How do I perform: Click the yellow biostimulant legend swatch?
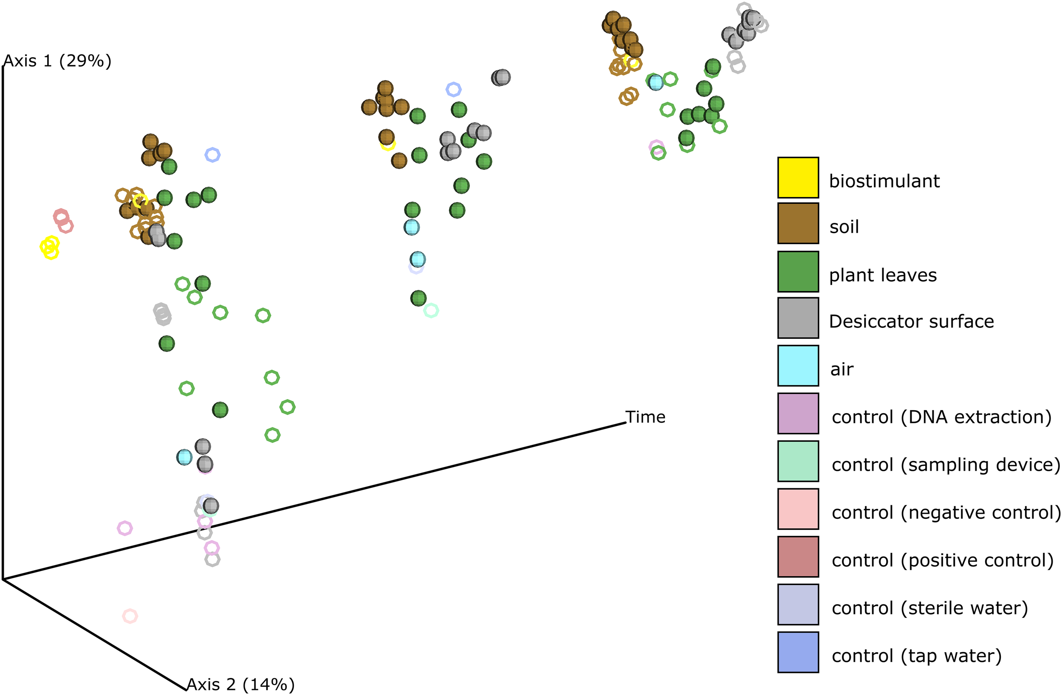[798, 177]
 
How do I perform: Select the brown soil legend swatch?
[798, 223]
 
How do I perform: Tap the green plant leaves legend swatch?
[798, 271]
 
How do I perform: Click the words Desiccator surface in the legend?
[911, 321]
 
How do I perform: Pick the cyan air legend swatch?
[798, 366]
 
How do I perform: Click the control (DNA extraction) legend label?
[941, 417]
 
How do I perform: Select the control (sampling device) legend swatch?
[798, 461]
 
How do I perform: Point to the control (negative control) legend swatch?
[798, 509]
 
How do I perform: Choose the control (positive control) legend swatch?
[798, 557]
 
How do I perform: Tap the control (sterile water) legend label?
[930, 608]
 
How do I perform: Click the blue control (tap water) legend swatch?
[798, 652]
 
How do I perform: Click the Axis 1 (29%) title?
[57, 61]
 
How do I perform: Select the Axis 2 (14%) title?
[240, 684]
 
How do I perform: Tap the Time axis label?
[645, 417]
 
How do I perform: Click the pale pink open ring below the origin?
[130, 616]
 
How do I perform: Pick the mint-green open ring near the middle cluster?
[431, 310]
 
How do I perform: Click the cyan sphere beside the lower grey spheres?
[184, 457]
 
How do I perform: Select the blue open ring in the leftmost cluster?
[212, 155]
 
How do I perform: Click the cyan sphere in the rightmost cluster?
[655, 82]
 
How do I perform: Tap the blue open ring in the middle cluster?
[453, 89]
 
